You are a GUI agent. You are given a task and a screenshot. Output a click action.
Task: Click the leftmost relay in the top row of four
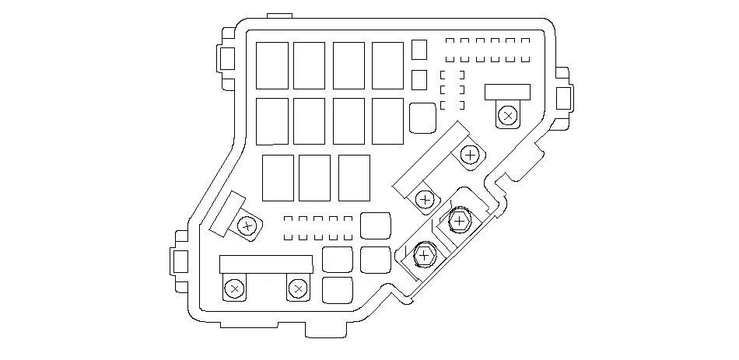[271, 65]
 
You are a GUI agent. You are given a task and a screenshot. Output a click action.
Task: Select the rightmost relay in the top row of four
[387, 65]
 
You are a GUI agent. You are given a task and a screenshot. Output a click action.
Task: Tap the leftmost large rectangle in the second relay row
[271, 121]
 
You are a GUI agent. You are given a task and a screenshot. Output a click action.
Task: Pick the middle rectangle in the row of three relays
[314, 178]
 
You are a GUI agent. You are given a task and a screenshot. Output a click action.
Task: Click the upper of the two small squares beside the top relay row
[419, 50]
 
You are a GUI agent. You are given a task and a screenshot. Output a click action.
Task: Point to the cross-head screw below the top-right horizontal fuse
[507, 116]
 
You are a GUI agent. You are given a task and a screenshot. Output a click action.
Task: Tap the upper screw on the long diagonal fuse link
[469, 155]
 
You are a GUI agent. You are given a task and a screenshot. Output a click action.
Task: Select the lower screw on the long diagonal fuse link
[425, 200]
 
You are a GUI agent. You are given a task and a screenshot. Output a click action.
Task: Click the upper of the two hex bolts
[459, 222]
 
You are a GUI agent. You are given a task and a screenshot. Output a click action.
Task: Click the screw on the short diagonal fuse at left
[247, 226]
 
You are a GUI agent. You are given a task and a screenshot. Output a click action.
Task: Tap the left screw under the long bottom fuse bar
[233, 289]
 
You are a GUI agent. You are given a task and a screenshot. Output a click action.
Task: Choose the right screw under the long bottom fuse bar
[297, 289]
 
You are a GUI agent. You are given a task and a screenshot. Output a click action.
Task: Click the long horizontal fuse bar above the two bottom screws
[265, 264]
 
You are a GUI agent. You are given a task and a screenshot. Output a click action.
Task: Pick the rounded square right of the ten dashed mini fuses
[376, 225]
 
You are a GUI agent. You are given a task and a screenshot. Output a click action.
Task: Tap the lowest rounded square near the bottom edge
[336, 288]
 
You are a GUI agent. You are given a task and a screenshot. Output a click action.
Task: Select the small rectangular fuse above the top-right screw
[507, 92]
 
